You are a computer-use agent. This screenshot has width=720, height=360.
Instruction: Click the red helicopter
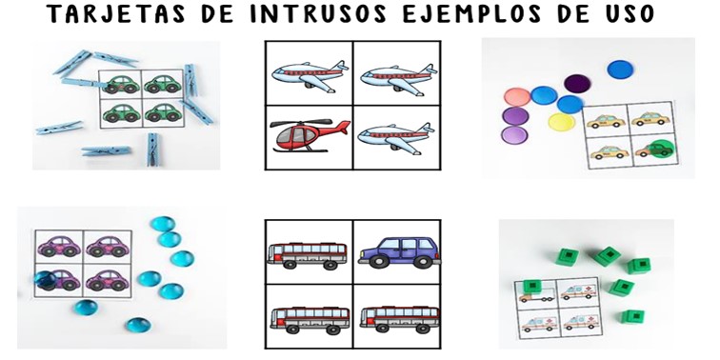(x=309, y=135)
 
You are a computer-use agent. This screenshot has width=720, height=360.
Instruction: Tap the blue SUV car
(x=398, y=252)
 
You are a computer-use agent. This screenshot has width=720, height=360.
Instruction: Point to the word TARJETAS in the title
(x=116, y=13)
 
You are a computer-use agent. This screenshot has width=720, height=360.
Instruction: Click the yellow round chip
(x=562, y=122)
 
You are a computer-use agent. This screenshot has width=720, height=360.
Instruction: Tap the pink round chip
(x=517, y=97)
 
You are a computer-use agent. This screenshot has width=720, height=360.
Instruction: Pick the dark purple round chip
(x=577, y=84)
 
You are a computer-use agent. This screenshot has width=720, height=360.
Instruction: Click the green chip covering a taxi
(x=660, y=149)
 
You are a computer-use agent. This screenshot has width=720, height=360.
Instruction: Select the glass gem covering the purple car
(x=46, y=280)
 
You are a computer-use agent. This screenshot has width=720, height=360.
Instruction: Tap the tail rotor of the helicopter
(x=344, y=128)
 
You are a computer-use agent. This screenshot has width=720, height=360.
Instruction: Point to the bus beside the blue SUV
(x=307, y=255)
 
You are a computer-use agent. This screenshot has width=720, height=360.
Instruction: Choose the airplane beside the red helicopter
(x=396, y=139)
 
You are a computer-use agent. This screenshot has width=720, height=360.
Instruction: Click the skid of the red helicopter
(x=300, y=149)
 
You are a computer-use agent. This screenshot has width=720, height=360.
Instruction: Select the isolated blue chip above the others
(x=620, y=70)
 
